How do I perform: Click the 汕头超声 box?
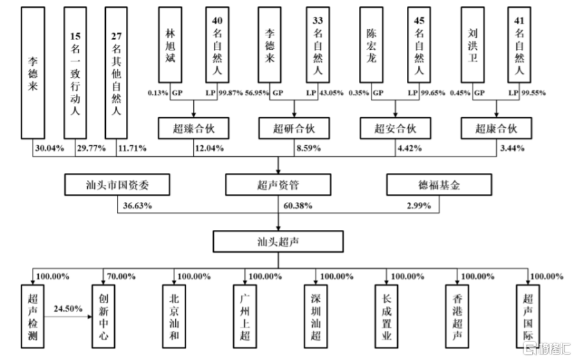coord(278,242)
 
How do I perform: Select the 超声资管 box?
coord(278,185)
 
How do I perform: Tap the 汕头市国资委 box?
coord(117,185)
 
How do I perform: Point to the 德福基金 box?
coord(439,185)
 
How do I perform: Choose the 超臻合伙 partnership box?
coord(194,128)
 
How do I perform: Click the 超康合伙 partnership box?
coord(496,128)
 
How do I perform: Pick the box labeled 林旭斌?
coord(170,45)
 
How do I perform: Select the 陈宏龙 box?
coord(372,45)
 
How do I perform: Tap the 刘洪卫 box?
coord(473,45)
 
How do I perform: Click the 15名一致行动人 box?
coord(75,73)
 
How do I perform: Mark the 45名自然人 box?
coord(419,45)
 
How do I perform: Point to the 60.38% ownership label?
coord(298,206)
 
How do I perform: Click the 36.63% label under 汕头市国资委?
coord(137,206)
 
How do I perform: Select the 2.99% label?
coord(419,206)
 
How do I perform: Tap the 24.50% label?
coord(68,309)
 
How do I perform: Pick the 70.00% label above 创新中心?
coord(121,276)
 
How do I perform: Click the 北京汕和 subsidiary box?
coord(174,316)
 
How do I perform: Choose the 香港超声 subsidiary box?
coord(457,316)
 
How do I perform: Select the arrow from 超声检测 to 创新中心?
coord(68,316)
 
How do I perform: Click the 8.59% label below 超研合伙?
coord(309,148)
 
